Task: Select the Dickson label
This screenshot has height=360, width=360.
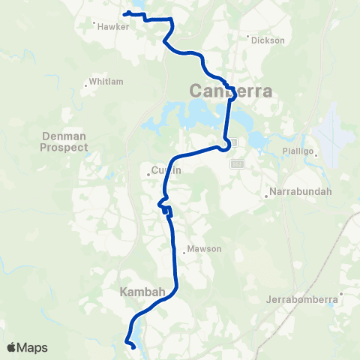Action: point(268,40)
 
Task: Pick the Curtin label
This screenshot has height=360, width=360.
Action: point(166,171)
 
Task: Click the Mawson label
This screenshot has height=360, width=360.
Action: point(205,249)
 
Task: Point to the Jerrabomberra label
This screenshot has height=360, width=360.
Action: point(304,300)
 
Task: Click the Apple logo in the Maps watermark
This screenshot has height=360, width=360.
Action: point(12,347)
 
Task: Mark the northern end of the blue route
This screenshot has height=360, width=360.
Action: point(125,13)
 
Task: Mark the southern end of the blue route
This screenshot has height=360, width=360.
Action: point(133,348)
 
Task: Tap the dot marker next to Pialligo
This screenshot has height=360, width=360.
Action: point(317,156)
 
